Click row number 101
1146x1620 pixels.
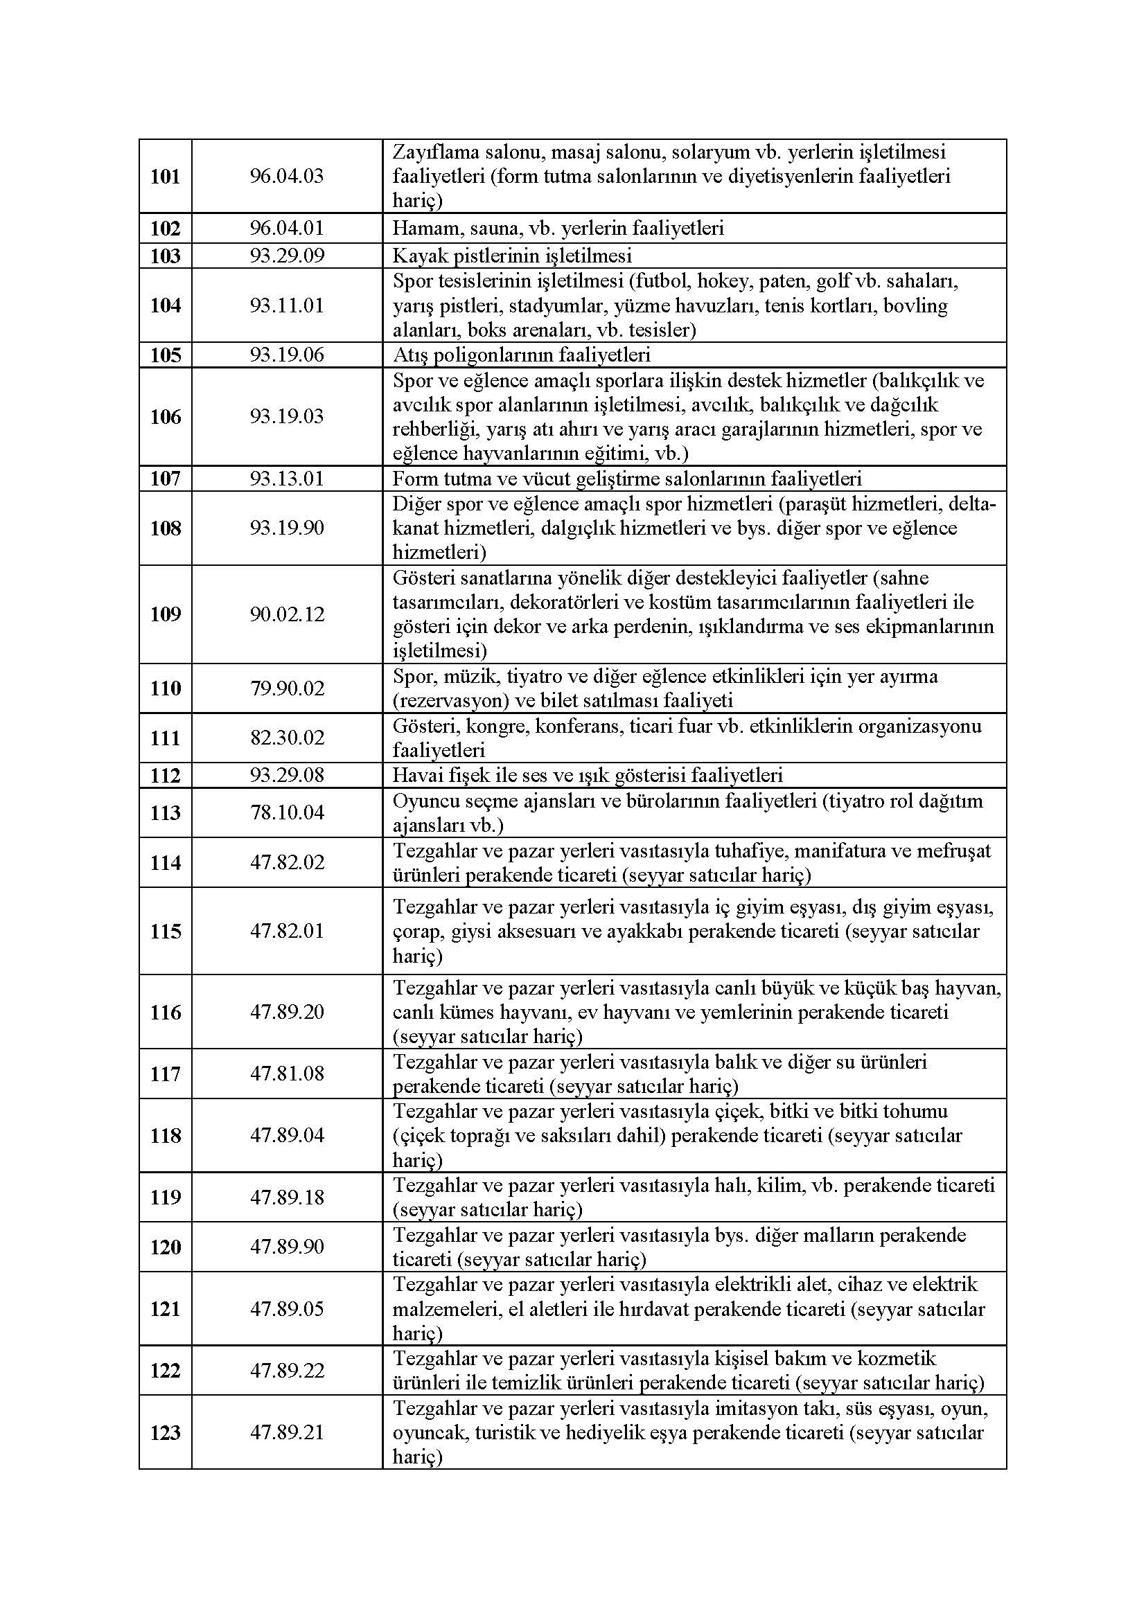point(165,177)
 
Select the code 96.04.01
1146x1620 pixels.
point(287,229)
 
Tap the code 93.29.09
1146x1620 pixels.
point(287,256)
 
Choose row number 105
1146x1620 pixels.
point(165,355)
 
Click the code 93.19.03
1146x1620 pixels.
point(287,416)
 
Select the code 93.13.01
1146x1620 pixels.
point(287,479)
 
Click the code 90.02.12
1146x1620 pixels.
point(287,614)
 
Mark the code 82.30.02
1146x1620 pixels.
point(287,738)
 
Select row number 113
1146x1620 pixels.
point(165,813)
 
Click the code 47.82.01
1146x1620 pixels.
point(287,932)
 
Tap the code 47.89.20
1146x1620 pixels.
point(287,1013)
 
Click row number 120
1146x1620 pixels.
point(165,1247)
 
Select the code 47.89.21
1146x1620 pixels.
point(287,1432)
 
